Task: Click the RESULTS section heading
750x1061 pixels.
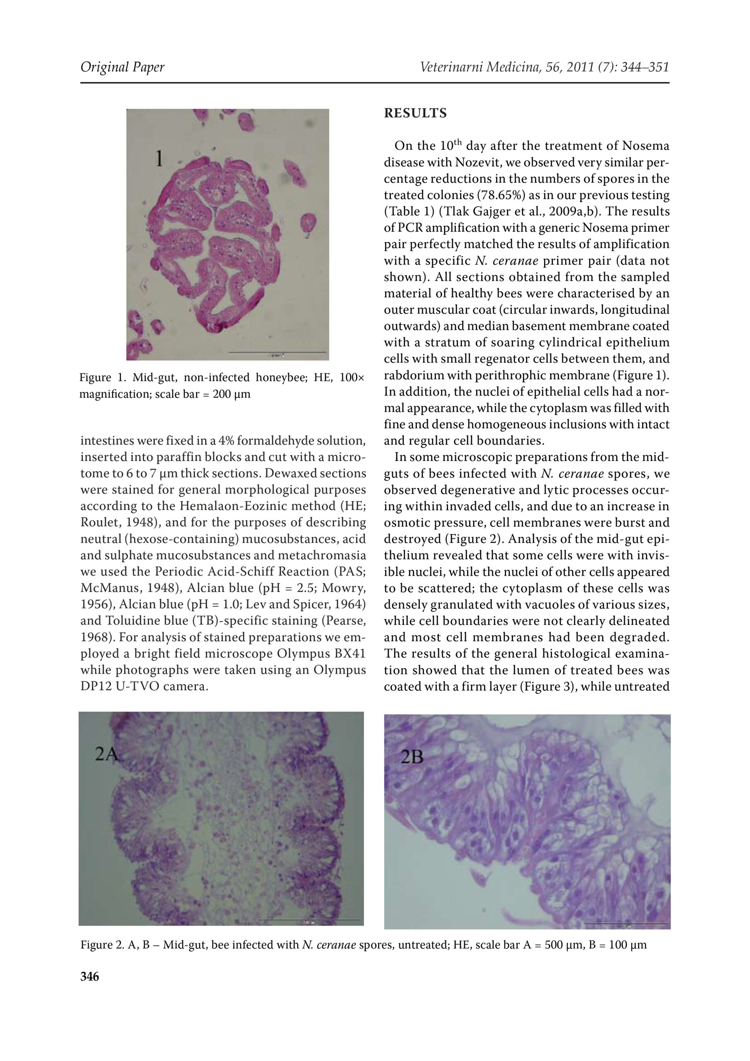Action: tap(415, 114)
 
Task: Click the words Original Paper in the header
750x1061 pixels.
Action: tap(123, 68)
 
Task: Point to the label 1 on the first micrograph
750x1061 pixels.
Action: tap(159, 160)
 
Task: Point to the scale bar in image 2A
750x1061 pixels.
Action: tap(309, 920)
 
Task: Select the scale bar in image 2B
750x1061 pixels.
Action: tap(626, 924)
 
